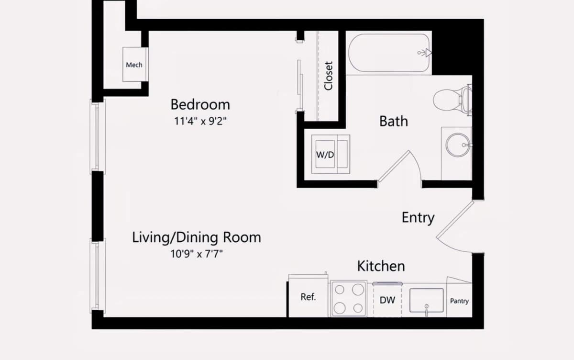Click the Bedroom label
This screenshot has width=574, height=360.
[200, 105]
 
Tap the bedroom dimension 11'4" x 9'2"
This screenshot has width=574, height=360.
[200, 121]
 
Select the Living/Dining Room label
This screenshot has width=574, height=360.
[197, 237]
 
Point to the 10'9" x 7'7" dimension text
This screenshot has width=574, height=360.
[197, 254]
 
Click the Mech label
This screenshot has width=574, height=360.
[134, 65]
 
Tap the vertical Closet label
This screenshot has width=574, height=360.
[328, 76]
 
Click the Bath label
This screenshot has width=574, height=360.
[394, 121]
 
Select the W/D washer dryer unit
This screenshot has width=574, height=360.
[331, 154]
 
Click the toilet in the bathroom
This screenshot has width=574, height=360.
[453, 100]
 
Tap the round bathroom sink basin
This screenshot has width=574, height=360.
[458, 145]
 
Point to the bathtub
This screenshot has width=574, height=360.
[389, 53]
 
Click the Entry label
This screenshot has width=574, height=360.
[418, 218]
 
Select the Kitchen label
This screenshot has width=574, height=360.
[381, 266]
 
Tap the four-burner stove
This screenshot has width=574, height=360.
[349, 299]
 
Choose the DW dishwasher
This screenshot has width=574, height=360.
[387, 300]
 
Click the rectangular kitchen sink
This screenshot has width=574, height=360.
[426, 301]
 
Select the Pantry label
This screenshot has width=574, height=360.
[459, 301]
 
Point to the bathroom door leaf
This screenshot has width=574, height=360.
[394, 166]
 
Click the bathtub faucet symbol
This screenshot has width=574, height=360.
[425, 53]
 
